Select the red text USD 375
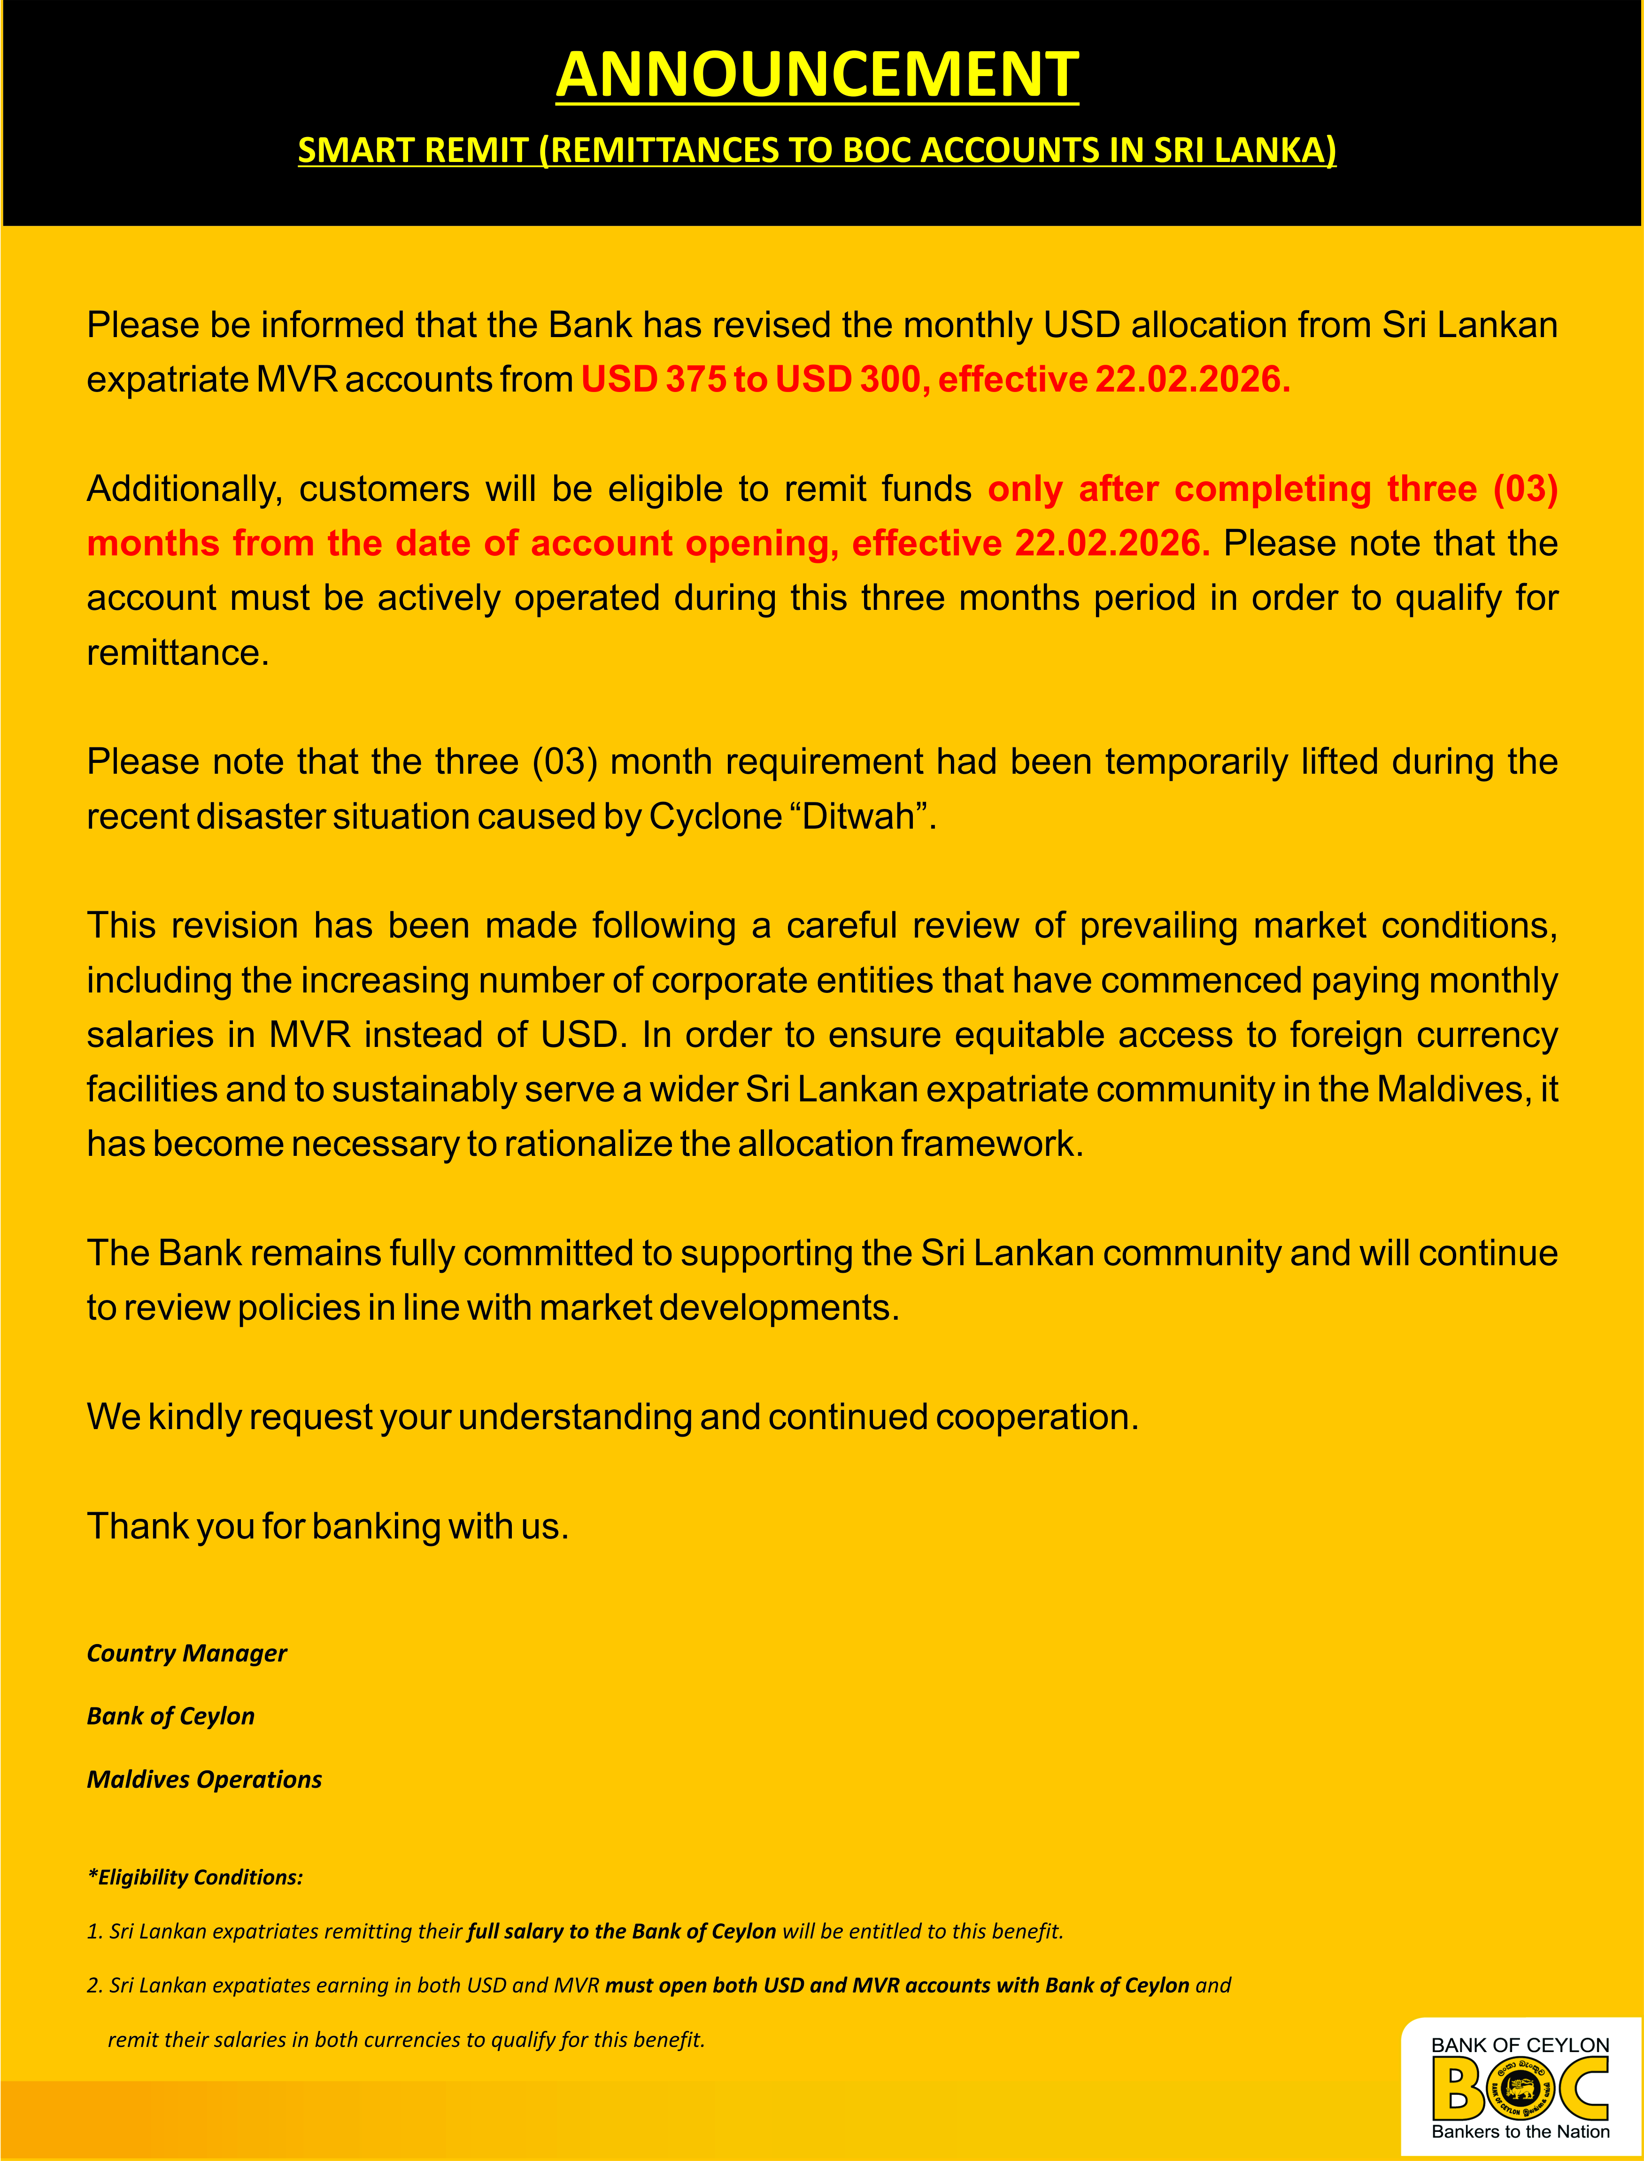coord(652,379)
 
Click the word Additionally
coord(184,489)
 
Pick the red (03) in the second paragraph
coord(1525,489)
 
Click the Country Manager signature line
coord(187,1653)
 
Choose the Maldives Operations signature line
coord(205,1779)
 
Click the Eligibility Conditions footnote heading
coord(196,1877)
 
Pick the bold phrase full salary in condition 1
coord(514,1931)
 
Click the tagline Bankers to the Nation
coord(1520,2131)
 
